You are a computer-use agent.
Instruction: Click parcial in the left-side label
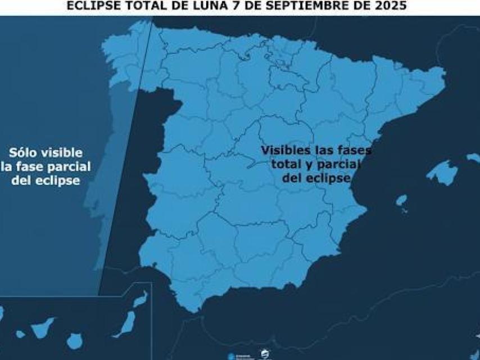click(69, 167)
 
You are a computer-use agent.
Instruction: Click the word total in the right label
click(285, 164)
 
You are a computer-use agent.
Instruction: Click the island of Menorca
click(473, 158)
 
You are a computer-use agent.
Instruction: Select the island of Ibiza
click(401, 200)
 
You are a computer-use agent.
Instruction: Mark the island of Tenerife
click(42, 326)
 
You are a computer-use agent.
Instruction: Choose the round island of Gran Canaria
click(74, 340)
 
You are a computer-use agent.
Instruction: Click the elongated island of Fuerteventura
click(125, 325)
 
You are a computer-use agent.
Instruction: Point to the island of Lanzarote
click(141, 299)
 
